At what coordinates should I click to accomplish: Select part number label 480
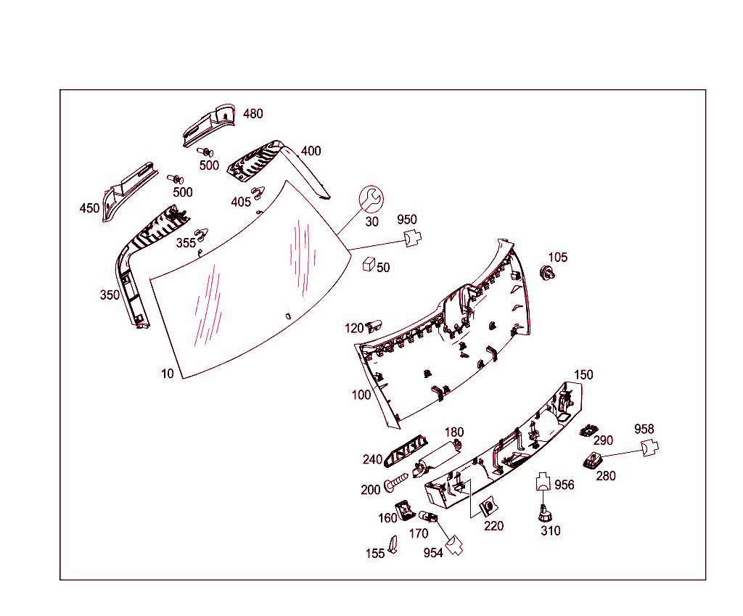click(x=253, y=114)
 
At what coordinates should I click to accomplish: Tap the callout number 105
click(x=558, y=258)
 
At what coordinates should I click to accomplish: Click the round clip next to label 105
click(x=546, y=274)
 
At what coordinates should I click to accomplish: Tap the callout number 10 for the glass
click(x=168, y=374)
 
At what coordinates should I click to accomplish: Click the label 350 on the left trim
click(x=110, y=295)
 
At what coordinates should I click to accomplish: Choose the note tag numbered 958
click(x=649, y=449)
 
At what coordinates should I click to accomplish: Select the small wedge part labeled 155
click(x=393, y=545)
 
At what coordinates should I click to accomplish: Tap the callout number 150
click(x=583, y=375)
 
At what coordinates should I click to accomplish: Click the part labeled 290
click(x=588, y=431)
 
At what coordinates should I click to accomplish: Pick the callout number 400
click(x=311, y=152)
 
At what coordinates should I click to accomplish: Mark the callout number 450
click(x=89, y=208)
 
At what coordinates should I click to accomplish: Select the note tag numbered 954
click(x=455, y=545)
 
